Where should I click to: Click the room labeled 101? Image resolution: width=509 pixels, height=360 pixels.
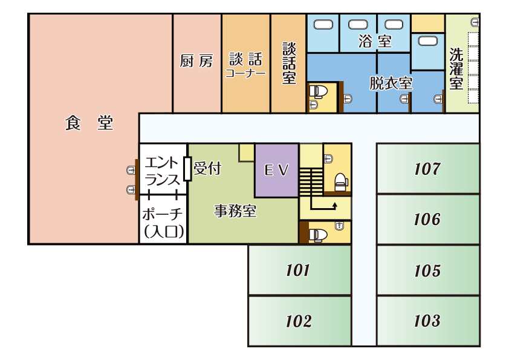click(298, 270)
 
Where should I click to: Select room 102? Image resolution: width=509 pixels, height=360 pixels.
click(298, 321)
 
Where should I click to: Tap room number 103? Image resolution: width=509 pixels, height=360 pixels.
click(427, 321)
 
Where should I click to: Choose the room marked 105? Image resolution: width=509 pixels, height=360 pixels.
click(427, 270)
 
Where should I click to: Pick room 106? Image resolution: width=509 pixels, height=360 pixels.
click(427, 219)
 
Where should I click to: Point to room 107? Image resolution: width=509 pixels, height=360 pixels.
click(427, 168)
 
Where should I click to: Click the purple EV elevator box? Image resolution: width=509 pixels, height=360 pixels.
click(277, 170)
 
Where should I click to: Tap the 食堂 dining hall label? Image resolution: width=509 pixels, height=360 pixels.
click(89, 123)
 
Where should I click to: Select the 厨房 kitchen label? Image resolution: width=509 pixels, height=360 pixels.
click(196, 61)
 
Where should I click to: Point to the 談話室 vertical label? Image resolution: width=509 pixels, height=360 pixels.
click(289, 63)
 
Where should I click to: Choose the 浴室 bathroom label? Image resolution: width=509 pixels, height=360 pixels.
click(375, 42)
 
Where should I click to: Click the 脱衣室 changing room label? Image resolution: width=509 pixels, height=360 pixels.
click(391, 83)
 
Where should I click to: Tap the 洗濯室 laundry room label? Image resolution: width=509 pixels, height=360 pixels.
click(456, 68)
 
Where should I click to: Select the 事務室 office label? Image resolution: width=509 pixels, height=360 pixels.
click(236, 211)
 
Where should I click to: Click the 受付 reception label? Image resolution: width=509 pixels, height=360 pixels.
click(207, 168)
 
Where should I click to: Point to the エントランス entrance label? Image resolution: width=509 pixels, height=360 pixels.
click(163, 171)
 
